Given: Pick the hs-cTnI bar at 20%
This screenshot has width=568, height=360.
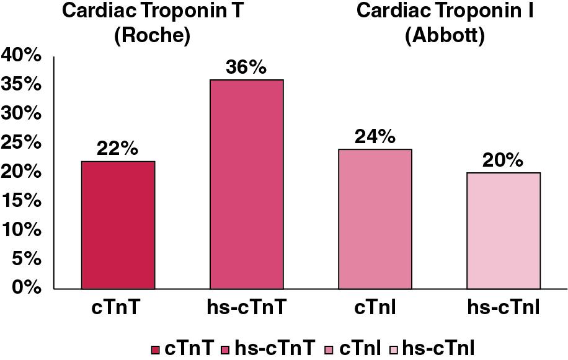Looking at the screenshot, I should coord(503,230).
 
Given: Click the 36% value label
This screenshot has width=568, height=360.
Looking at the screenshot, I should coord(246,68).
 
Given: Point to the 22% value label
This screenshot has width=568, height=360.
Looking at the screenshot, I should coord(118,149).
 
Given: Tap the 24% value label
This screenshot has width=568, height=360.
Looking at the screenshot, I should coord(375,137).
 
